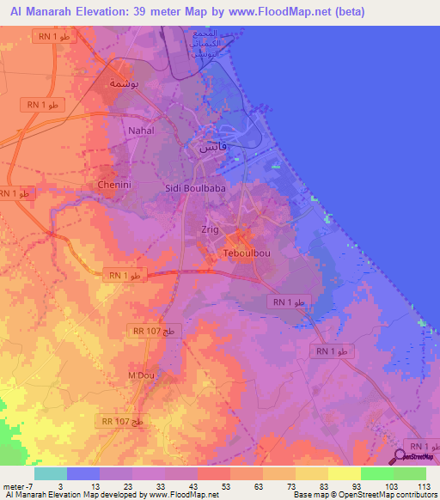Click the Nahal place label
click(140, 131)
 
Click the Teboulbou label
click(247, 255)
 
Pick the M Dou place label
click(140, 375)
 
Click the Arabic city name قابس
click(213, 147)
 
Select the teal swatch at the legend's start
click(50, 473)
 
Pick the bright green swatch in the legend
click(376, 473)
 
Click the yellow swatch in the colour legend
click(344, 473)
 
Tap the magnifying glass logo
click(400, 458)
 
